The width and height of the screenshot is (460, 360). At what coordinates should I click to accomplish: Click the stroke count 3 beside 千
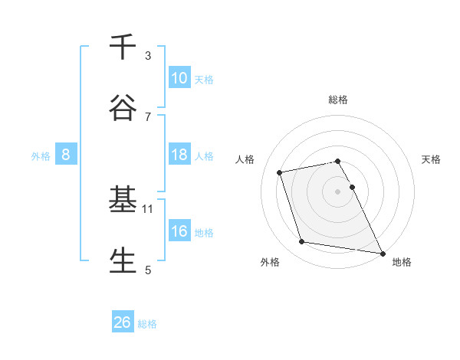[x=148, y=56]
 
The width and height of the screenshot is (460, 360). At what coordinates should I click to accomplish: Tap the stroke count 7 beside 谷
[x=148, y=116]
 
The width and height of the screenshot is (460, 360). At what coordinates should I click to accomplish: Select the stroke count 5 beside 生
[x=148, y=270]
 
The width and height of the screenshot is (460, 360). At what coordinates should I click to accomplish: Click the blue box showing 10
[x=179, y=77]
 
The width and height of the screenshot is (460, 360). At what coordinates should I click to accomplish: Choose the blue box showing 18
[x=179, y=155]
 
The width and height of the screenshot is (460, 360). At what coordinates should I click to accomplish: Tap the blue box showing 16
[x=179, y=231]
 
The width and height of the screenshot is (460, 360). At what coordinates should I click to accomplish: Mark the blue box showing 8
[x=66, y=155]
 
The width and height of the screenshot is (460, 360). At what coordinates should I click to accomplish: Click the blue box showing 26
[x=123, y=322]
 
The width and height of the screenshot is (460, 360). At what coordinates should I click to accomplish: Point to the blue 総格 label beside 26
[x=147, y=324]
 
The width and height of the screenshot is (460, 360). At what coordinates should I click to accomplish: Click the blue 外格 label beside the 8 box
[x=41, y=156]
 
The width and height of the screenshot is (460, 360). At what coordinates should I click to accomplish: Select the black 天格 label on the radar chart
[x=432, y=159]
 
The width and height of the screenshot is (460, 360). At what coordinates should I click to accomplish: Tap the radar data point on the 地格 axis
[x=382, y=252]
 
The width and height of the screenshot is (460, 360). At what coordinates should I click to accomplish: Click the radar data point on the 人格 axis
[x=280, y=172]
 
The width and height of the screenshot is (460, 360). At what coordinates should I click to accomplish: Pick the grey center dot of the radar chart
[x=338, y=191]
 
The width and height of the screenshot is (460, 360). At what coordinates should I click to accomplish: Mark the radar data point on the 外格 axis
[x=302, y=242]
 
